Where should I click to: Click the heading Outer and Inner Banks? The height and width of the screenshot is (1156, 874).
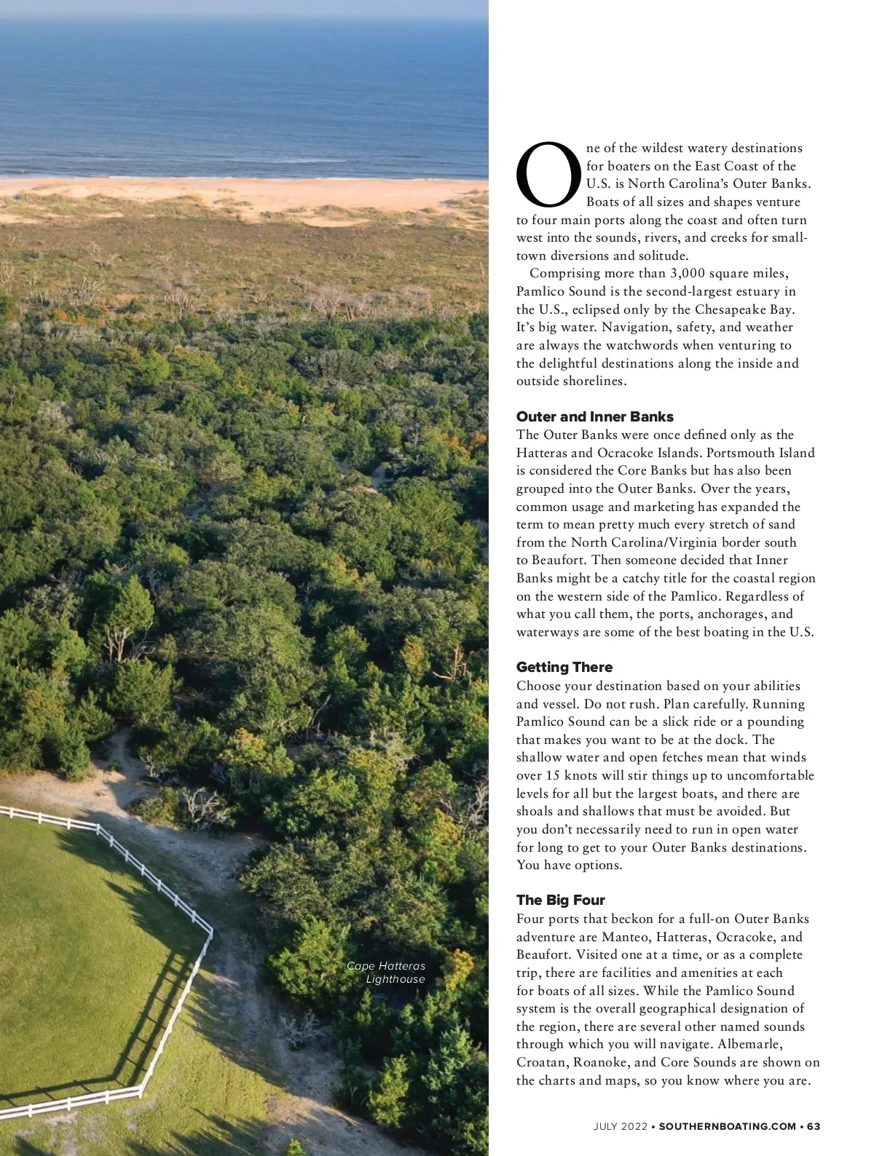pyautogui.click(x=594, y=417)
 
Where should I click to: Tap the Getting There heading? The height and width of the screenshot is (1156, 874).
pyautogui.click(x=564, y=668)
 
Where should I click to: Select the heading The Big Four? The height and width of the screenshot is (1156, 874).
pyautogui.click(x=560, y=900)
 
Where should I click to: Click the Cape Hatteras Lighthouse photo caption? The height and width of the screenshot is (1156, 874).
pyautogui.click(x=387, y=973)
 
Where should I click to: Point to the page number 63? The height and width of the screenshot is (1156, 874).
pyautogui.click(x=814, y=1126)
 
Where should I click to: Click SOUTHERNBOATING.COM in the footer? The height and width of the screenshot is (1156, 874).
pyautogui.click(x=727, y=1126)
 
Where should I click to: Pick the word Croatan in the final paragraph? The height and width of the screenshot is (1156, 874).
pyautogui.click(x=542, y=1063)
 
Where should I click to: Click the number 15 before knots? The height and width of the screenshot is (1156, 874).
pyautogui.click(x=552, y=776)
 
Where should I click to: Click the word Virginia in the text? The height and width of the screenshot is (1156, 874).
pyautogui.click(x=694, y=542)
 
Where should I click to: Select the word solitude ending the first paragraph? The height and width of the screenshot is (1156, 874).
pyautogui.click(x=662, y=256)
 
